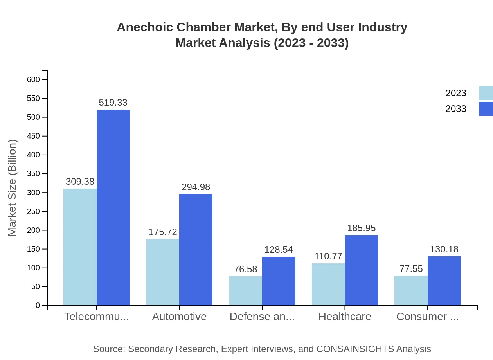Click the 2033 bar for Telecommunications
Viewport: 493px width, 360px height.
pos(113,207)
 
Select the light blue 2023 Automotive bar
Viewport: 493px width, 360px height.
pos(163,272)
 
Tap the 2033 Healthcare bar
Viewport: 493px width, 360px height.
pos(362,270)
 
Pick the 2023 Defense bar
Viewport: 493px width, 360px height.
pos(245,291)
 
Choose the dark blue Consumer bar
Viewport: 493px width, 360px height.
pos(444,281)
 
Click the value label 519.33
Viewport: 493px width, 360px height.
pos(113,103)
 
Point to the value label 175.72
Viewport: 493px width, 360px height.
pos(163,232)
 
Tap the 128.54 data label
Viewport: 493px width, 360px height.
pos(279,250)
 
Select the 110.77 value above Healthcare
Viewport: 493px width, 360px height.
pos(328,256)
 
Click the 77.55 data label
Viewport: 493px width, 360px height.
pos(411,269)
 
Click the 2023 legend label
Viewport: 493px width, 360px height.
pos(456,93)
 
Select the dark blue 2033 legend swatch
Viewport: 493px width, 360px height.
pos(486,109)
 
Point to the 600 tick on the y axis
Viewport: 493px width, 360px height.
pos(33,79)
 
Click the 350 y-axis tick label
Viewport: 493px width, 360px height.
pos(33,174)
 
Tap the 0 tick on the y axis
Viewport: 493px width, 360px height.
pos(38,305)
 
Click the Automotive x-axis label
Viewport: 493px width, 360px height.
pos(179,317)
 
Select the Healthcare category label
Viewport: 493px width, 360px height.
pos(345,317)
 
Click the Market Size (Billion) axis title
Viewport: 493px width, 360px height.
pos(13,188)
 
